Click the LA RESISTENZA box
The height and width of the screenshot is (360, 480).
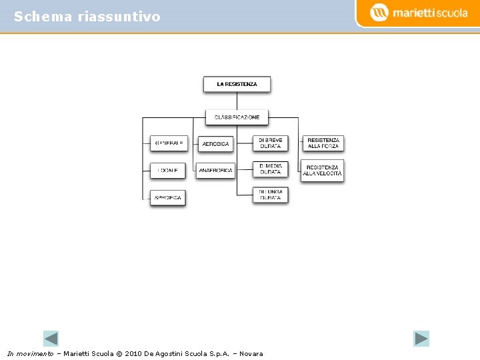(237, 84)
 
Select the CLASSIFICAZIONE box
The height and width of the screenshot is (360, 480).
(237, 117)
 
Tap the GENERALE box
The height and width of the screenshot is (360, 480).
(169, 143)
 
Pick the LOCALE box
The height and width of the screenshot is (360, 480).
(167, 171)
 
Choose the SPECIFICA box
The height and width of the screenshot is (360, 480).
(167, 198)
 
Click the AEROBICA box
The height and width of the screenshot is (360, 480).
(215, 143)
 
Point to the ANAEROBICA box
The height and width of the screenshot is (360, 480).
(215, 171)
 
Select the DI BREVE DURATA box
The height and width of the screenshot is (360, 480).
(270, 143)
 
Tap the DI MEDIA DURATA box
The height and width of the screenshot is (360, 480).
(270, 169)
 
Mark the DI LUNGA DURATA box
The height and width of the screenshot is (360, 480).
(270, 195)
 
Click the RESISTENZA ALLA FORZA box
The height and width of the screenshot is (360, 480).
(323, 143)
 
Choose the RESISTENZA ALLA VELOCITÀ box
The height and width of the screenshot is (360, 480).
(323, 171)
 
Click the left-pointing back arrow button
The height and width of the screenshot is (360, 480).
(51, 339)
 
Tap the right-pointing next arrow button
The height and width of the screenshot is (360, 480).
(421, 339)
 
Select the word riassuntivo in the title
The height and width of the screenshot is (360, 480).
(119, 17)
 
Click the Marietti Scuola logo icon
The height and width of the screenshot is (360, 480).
(379, 12)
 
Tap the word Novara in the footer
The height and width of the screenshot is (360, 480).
(251, 353)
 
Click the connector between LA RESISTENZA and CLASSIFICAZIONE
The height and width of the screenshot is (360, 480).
(237, 101)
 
